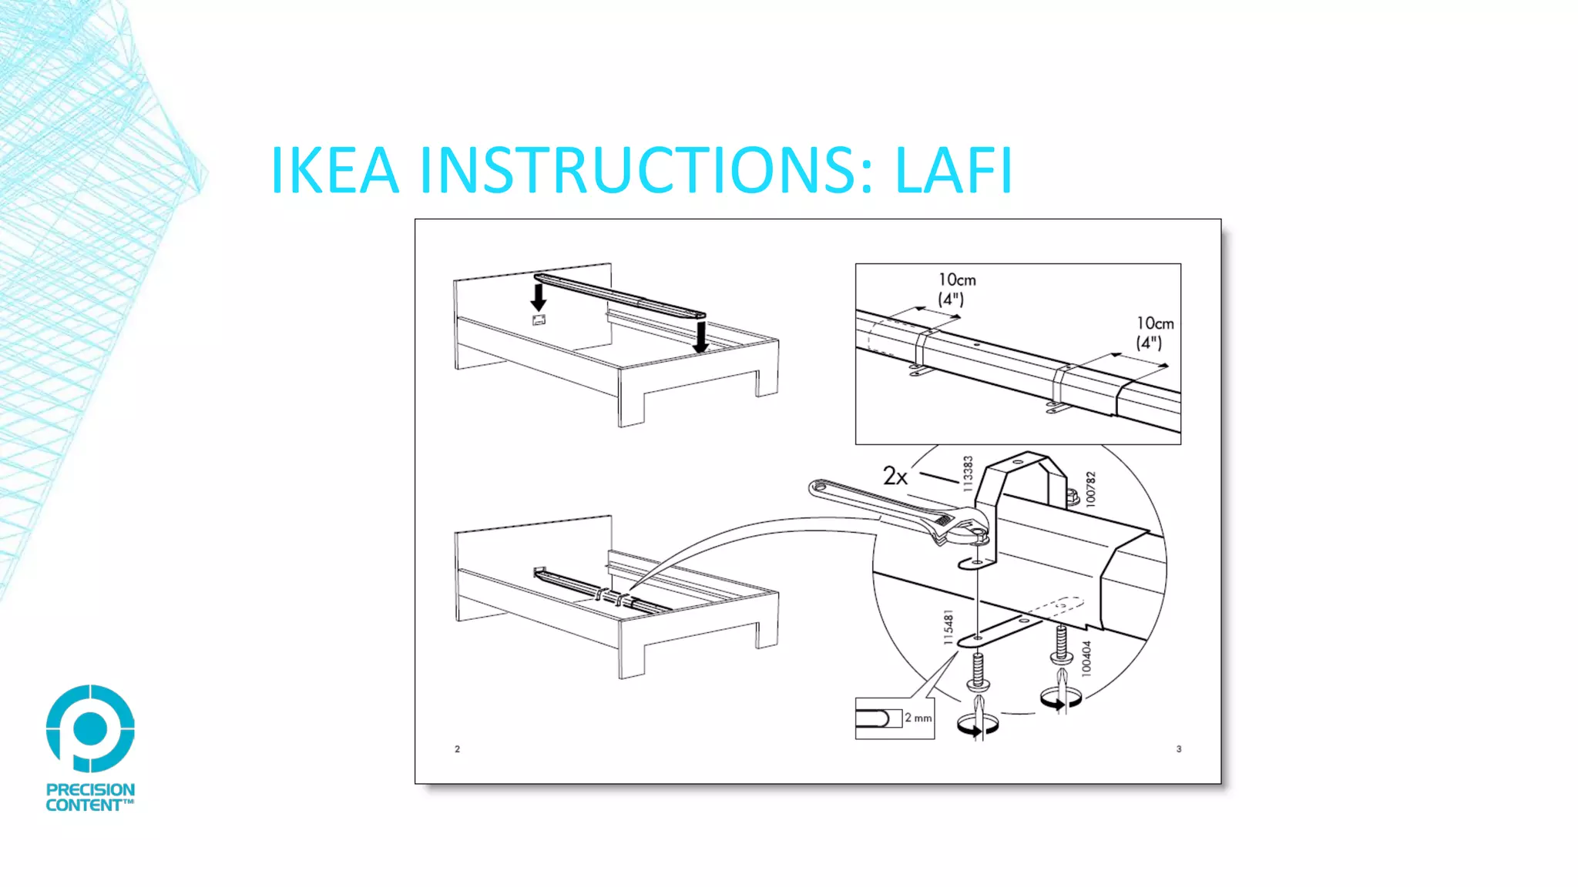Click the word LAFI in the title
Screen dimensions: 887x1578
point(953,170)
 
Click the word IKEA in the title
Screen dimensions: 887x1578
point(334,170)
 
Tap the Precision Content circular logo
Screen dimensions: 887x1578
point(90,728)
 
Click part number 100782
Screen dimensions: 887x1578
point(1090,489)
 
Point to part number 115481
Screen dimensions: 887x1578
point(948,628)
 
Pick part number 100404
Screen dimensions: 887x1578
point(1086,658)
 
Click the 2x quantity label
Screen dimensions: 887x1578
point(895,477)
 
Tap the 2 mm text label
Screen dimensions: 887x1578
point(918,718)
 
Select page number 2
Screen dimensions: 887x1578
point(457,748)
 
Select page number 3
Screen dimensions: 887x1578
point(1178,748)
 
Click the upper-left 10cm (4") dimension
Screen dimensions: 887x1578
point(955,290)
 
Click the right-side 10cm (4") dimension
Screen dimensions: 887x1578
point(1154,333)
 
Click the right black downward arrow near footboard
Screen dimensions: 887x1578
point(700,336)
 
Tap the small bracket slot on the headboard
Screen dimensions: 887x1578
point(539,320)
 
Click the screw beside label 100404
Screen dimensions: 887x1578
point(1061,645)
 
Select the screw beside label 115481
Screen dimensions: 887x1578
point(979,670)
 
